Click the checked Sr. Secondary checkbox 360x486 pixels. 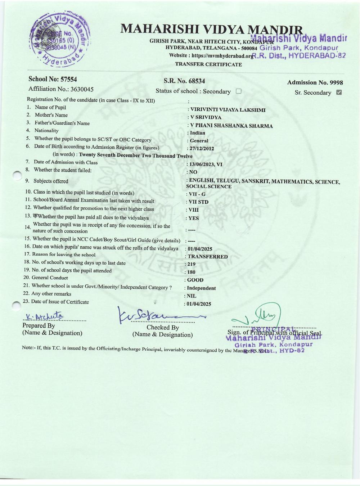click(338, 93)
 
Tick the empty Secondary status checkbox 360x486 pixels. click(238, 91)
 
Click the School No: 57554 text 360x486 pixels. click(53, 79)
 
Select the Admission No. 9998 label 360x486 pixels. click(315, 83)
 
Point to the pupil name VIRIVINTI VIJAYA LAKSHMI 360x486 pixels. click(228, 110)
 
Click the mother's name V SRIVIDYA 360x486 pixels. click(206, 117)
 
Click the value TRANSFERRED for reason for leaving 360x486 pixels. click(207, 257)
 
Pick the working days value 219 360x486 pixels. click(191, 264)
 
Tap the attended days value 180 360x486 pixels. click(191, 272)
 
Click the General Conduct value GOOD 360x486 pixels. click(195, 280)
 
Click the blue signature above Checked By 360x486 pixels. click(158, 316)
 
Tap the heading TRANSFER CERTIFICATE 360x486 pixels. click(208, 64)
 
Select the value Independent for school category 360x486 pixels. click(201, 288)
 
